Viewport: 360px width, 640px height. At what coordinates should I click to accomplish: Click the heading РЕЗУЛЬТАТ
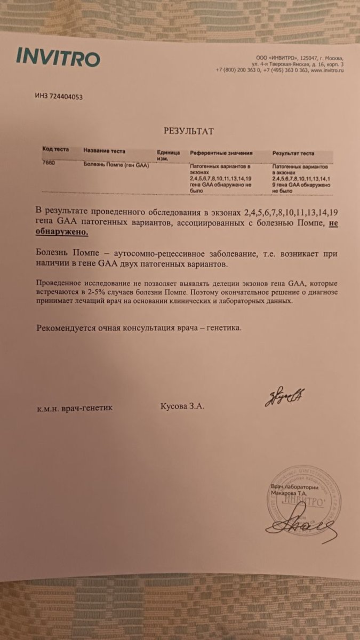(x=186, y=131)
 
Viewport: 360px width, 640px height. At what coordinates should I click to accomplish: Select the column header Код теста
(x=55, y=150)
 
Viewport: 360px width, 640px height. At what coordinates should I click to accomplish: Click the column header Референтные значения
(x=221, y=153)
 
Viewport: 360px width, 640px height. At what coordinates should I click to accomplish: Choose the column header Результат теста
(x=293, y=154)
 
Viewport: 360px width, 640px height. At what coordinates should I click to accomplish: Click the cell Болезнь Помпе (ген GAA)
(x=116, y=165)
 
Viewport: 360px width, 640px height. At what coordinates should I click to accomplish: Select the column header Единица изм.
(x=169, y=155)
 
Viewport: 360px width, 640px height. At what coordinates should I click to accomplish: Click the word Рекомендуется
(x=65, y=328)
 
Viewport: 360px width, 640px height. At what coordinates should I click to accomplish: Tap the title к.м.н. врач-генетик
(x=75, y=408)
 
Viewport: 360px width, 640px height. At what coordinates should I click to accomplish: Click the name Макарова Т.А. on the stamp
(x=289, y=494)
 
